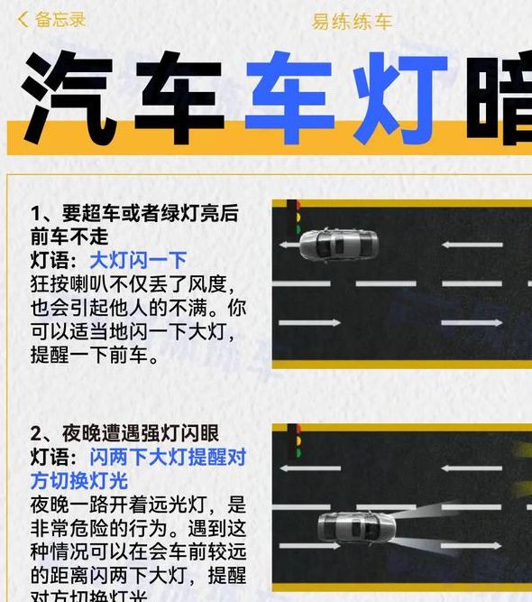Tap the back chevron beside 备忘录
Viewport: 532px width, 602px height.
pos(23,19)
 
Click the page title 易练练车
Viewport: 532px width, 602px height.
pos(352,21)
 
